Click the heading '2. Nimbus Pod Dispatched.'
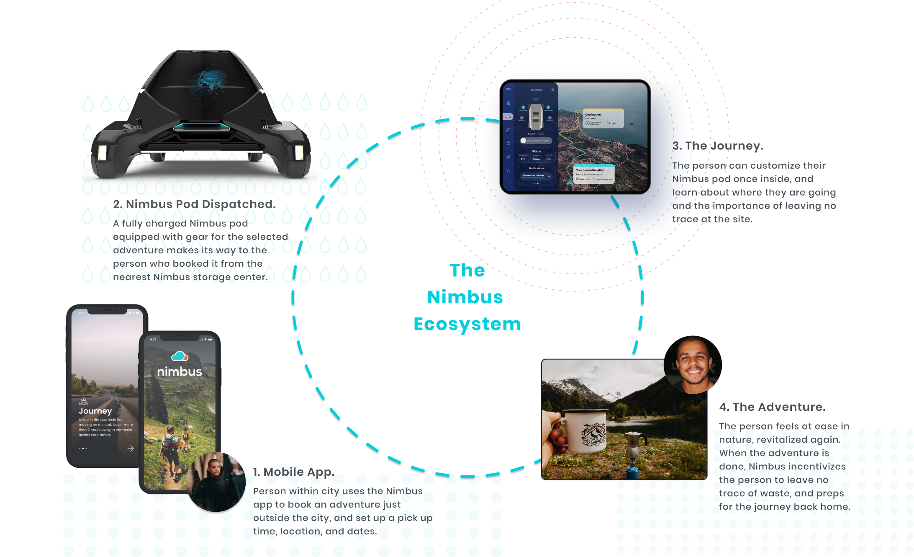pos(194,204)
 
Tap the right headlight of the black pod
pos(298,153)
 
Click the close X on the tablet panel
pos(552,90)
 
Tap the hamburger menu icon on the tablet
pos(508,90)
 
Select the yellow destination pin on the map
pos(578,113)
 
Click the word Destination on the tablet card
pos(593,114)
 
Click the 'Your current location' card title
pos(590,170)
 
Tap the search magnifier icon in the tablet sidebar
pos(508,171)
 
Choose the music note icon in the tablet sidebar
pos(508,130)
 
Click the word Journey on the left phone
pos(95,411)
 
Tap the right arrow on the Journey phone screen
pos(131,449)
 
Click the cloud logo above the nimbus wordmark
pos(180,356)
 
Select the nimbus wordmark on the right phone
pos(180,371)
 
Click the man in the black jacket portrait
pos(216,482)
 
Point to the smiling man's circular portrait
pos(693,365)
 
